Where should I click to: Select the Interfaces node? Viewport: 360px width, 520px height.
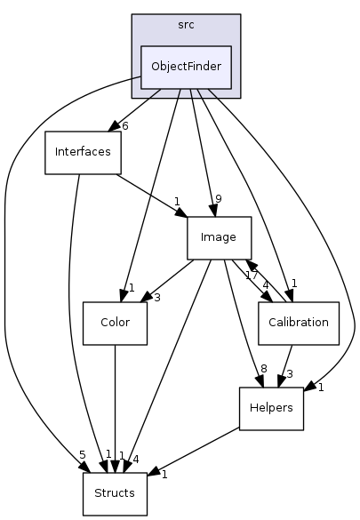click(83, 151)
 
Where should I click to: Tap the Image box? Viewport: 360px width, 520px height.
click(219, 237)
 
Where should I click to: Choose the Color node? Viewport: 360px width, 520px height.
click(115, 323)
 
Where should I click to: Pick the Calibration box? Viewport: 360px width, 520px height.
click(299, 323)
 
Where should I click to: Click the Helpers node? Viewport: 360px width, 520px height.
click(271, 408)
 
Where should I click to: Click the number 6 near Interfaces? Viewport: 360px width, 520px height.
click(125, 125)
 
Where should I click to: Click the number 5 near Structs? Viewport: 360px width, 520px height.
click(83, 455)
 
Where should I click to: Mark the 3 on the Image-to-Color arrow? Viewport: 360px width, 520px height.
click(156, 297)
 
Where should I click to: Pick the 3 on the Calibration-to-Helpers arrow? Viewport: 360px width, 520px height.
click(289, 373)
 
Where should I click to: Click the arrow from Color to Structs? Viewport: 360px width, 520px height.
click(115, 409)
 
